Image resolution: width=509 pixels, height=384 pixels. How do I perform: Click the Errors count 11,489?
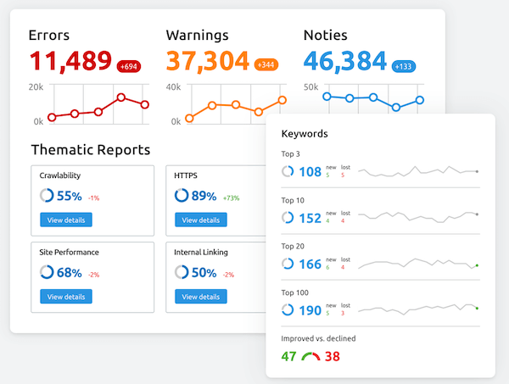click(x=70, y=61)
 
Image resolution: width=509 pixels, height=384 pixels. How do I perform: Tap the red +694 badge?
click(x=130, y=65)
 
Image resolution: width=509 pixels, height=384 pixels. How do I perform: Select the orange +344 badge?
click(x=265, y=65)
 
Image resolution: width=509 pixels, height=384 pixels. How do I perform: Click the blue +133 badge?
click(x=403, y=65)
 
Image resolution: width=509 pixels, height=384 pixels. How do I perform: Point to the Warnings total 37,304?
click(x=207, y=61)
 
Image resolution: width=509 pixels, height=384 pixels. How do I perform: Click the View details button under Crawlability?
click(x=66, y=220)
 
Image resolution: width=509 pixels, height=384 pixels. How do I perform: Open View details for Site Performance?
click(x=66, y=297)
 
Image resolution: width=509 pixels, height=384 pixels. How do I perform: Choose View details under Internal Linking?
click(x=201, y=297)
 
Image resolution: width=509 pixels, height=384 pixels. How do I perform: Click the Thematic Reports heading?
click(x=90, y=150)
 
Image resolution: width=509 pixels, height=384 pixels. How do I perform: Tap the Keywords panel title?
click(x=305, y=133)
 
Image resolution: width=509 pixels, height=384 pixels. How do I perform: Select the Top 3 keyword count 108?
click(x=310, y=172)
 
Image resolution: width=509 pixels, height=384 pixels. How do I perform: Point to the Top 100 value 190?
click(x=310, y=310)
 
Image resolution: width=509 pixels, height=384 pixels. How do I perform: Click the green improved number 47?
click(x=289, y=356)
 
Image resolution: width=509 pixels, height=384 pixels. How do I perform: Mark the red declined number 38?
click(x=332, y=356)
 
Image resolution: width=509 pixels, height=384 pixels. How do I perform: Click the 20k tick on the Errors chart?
click(x=36, y=86)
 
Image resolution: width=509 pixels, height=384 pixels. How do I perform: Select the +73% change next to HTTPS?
click(x=231, y=198)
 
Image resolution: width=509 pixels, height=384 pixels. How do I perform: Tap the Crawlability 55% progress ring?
click(x=47, y=196)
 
